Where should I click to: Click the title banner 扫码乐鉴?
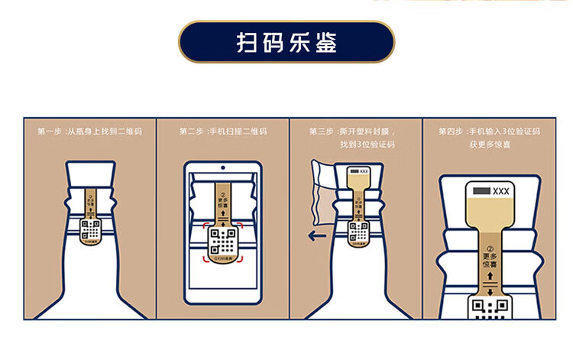pyautogui.click(x=286, y=41)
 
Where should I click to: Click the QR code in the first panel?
pyautogui.click(x=90, y=229)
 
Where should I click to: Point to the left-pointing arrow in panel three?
pyautogui.click(x=316, y=236)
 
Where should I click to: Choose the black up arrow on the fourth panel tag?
pyautogui.click(x=489, y=281)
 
